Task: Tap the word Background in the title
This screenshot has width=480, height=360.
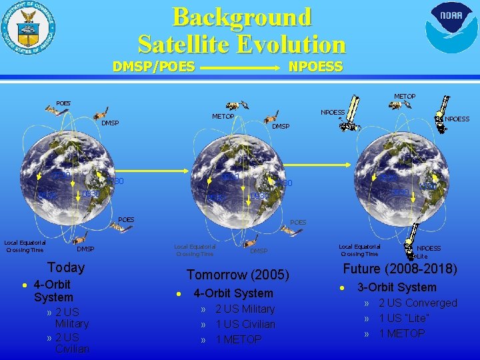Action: tap(242, 17)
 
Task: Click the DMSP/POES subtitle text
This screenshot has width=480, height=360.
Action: tap(154, 67)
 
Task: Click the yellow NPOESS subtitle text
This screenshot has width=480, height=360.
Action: tap(315, 67)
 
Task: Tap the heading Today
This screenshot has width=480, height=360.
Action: tap(66, 267)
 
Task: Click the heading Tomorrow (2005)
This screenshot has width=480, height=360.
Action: tap(238, 275)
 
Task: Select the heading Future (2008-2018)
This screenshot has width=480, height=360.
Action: tap(400, 269)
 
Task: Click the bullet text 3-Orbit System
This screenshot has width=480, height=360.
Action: tap(397, 287)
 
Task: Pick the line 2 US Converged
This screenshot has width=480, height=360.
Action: tap(417, 303)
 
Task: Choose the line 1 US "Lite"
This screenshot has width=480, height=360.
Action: tap(404, 318)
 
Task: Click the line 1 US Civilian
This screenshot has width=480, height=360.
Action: tap(245, 324)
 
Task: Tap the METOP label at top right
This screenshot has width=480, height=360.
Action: tap(404, 97)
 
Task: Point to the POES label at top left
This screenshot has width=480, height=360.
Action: tap(63, 103)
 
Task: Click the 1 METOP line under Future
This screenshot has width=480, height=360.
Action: tap(401, 333)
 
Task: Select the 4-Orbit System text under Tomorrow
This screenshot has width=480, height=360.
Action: tap(233, 293)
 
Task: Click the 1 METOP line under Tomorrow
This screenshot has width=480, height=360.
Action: tap(239, 339)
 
